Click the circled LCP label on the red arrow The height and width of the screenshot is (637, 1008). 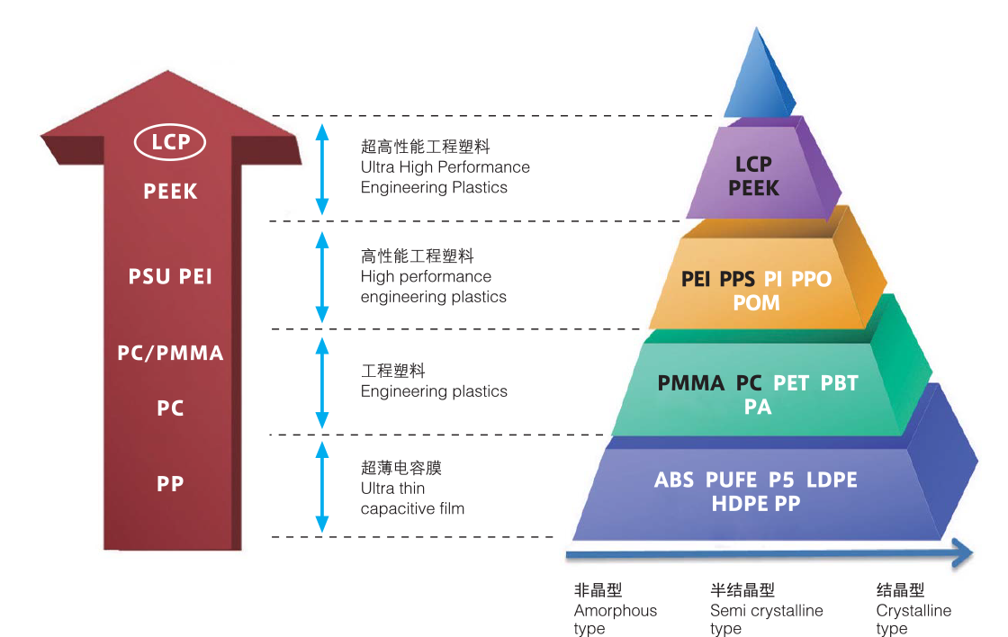pos(170,142)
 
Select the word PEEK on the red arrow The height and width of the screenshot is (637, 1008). pos(170,191)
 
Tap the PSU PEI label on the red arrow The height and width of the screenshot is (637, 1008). pos(170,276)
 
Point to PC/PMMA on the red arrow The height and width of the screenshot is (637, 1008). pos(170,353)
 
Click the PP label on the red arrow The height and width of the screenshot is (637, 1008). pos(170,483)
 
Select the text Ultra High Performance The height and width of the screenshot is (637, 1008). pos(445,167)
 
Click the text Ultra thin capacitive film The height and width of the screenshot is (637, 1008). pos(412,498)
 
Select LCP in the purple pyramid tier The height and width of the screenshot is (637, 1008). pos(753,165)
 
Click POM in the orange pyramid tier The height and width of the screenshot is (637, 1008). pos(756,303)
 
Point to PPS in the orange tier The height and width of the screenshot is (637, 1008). pos(738,280)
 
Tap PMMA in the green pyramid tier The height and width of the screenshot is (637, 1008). pos(690,384)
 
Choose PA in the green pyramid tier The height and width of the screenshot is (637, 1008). pos(757,408)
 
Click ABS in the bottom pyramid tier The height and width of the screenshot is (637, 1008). pos(674,480)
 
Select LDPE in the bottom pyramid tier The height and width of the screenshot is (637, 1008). pos(832,480)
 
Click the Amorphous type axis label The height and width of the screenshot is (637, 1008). pos(615,611)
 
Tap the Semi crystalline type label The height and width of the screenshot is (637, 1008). pos(766,611)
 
